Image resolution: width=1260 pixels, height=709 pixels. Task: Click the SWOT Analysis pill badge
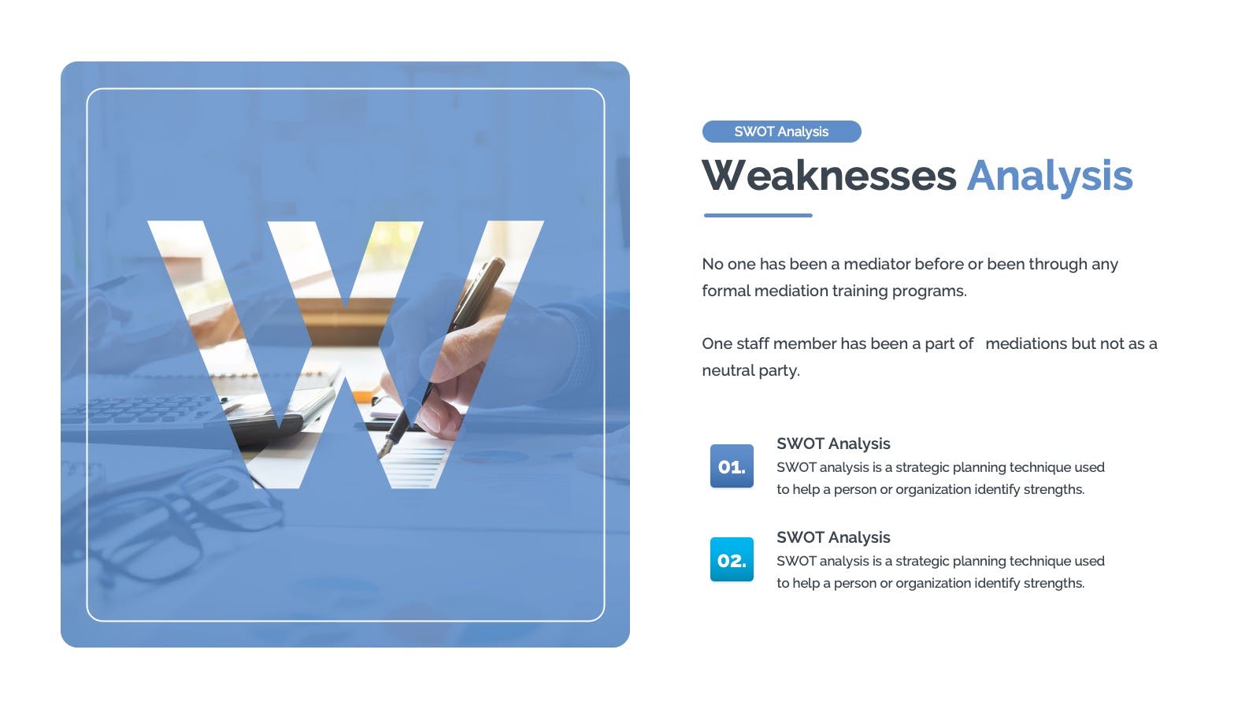coord(781,132)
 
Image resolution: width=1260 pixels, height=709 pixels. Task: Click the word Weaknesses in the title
coord(828,176)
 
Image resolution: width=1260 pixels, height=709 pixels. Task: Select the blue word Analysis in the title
coord(1050,177)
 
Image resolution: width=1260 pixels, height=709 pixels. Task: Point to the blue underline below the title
coord(758,215)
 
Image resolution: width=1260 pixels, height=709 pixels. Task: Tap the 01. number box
coord(732,466)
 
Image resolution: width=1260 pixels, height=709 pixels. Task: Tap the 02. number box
coord(732,559)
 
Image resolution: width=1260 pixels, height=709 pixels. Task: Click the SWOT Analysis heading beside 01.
coord(833,444)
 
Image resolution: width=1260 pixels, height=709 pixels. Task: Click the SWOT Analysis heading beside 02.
coord(833,537)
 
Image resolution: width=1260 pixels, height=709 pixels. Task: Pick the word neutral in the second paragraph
coord(728,371)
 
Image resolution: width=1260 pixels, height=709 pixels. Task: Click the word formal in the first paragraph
coord(726,291)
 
